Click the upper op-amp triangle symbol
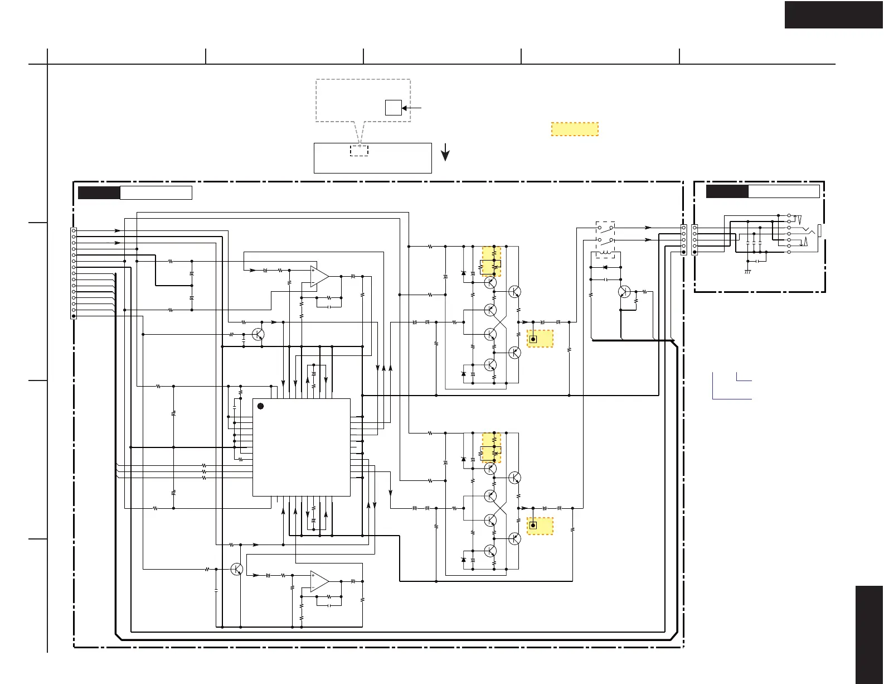[x=318, y=276]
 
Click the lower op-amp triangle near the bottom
[x=318, y=581]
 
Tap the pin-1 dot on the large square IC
[x=260, y=406]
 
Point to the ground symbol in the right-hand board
[x=747, y=272]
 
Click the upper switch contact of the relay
[x=606, y=228]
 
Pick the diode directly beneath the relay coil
[x=605, y=267]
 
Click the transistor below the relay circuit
[x=625, y=292]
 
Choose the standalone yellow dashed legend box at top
[x=575, y=129]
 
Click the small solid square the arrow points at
[x=394, y=108]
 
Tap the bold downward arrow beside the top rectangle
[x=445, y=152]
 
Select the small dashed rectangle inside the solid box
[x=359, y=150]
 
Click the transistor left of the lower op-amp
[x=236, y=569]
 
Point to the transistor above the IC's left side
[x=258, y=334]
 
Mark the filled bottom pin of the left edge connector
[x=74, y=316]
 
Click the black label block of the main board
[x=99, y=193]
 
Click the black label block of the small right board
[x=727, y=191]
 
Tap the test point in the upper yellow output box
[x=533, y=339]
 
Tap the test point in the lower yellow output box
[x=533, y=526]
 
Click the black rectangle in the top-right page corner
[x=834, y=15]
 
